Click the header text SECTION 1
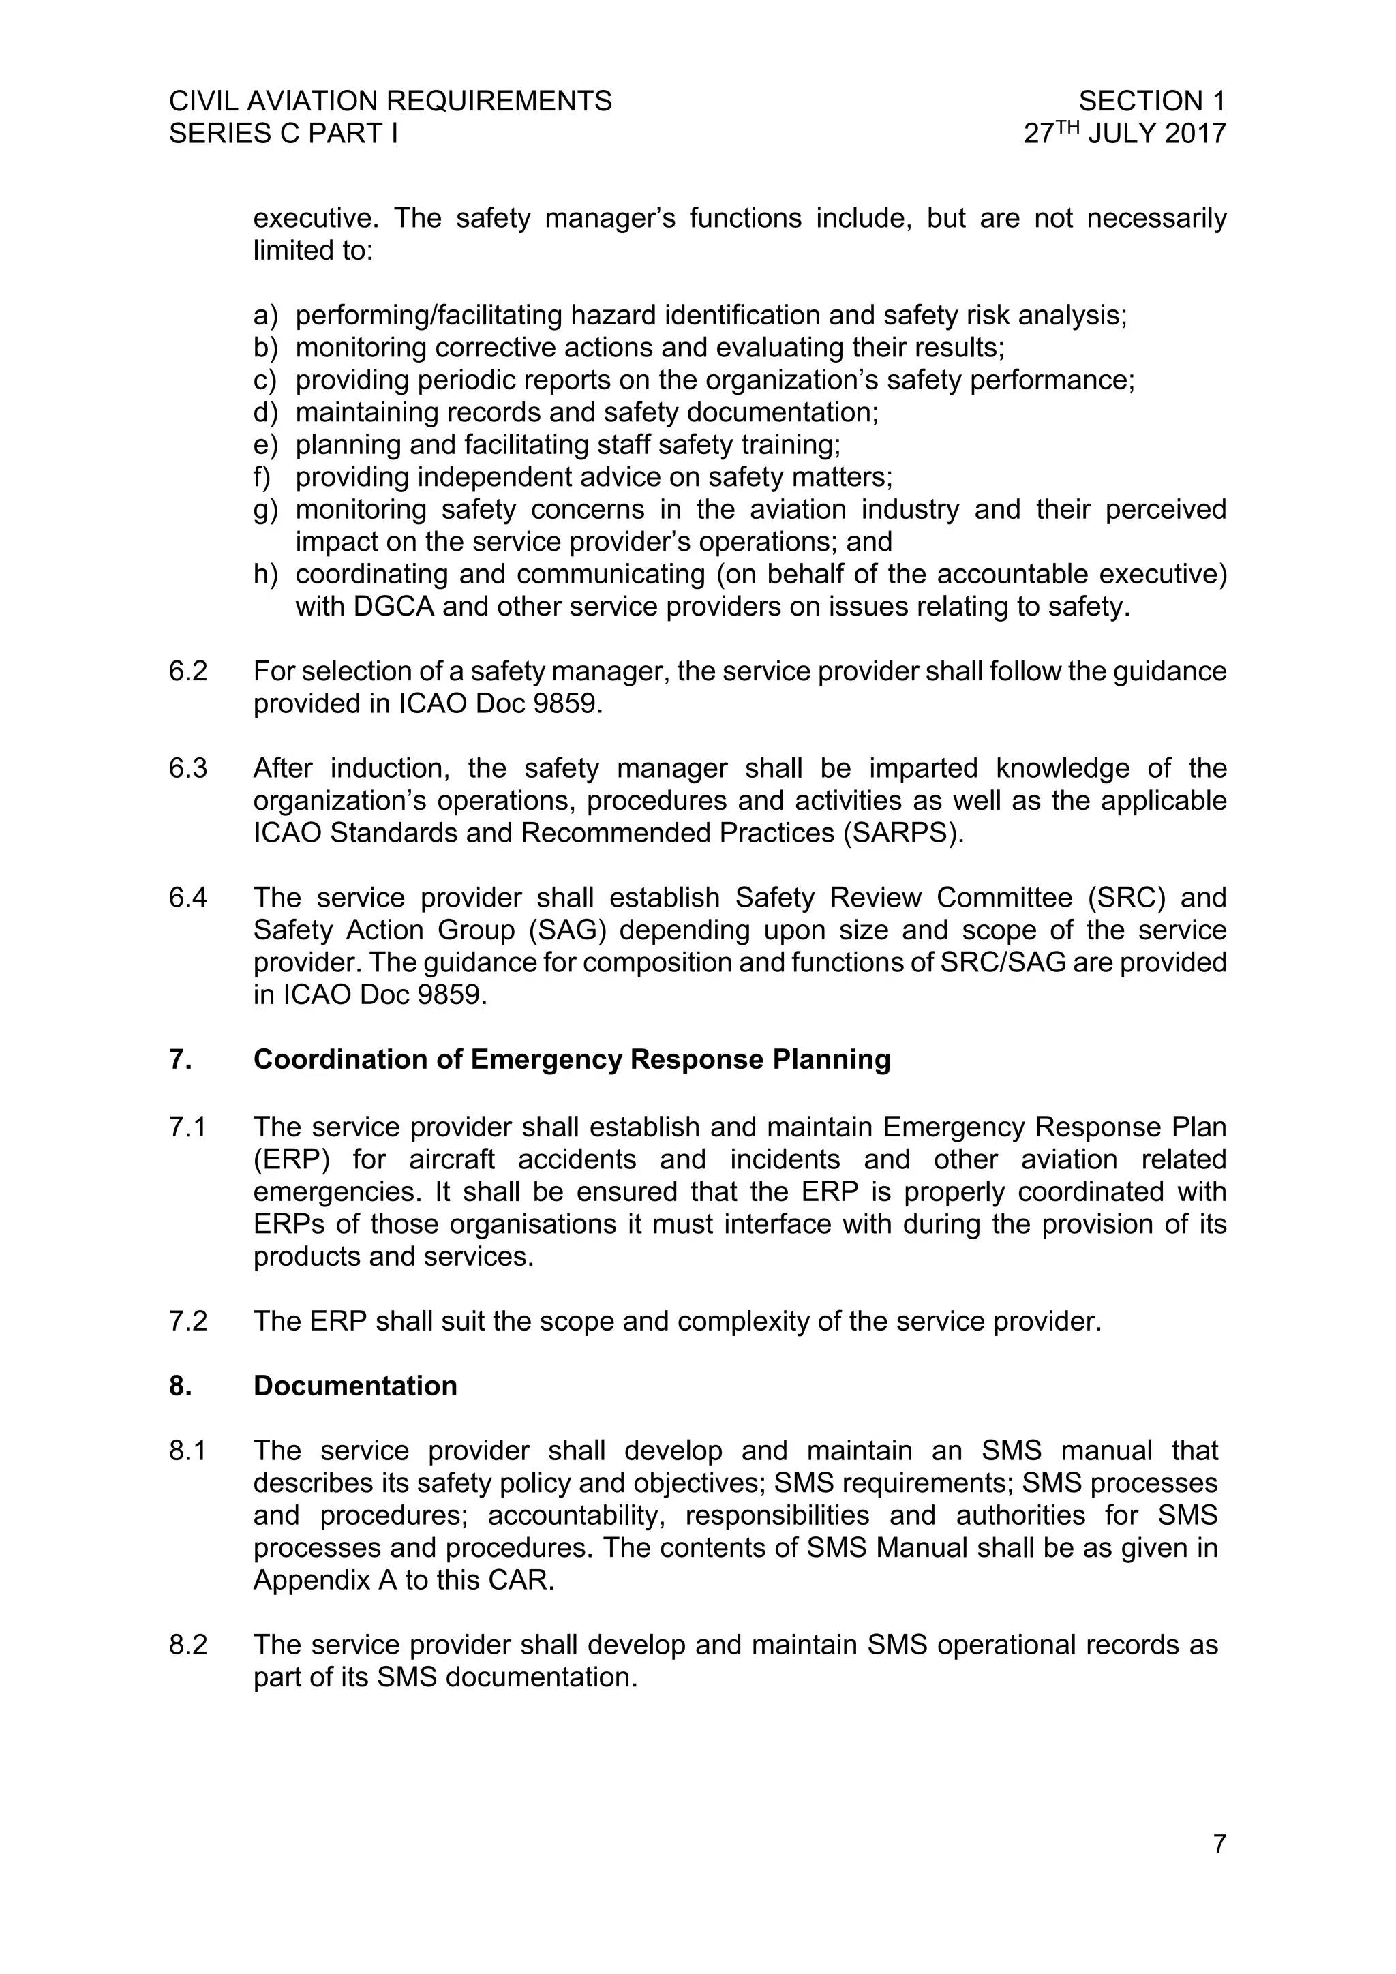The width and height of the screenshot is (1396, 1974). pos(1151,102)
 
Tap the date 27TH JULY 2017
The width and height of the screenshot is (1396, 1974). pos(1124,134)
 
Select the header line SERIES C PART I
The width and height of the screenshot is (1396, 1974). pos(283,134)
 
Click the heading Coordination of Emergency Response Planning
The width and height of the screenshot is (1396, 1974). pos(572,1059)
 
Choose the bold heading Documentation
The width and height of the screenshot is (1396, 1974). pos(355,1386)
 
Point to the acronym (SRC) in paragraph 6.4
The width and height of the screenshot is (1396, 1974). pos(1126,898)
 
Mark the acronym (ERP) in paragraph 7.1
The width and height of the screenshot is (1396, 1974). pos(292,1159)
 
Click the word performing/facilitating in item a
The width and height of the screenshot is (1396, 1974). pos(428,316)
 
